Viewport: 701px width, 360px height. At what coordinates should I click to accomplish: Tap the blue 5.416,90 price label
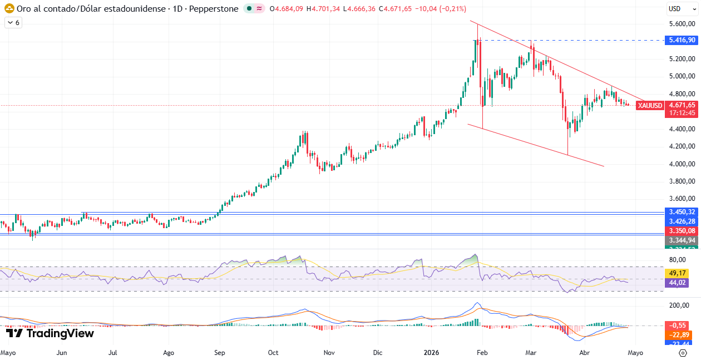(682, 40)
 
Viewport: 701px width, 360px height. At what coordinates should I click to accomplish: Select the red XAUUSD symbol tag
(650, 105)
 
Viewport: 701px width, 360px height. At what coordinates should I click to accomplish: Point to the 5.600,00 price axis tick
(682, 24)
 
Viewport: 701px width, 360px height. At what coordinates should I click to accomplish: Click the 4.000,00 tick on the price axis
(682, 164)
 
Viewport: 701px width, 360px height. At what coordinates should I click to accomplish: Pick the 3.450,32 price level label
(682, 212)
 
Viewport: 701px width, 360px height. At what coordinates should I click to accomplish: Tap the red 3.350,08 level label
(682, 231)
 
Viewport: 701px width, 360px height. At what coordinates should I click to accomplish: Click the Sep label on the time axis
(219, 352)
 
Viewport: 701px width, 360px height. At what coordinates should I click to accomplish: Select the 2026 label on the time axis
(431, 352)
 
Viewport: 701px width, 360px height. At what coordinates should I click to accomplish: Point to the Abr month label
(585, 352)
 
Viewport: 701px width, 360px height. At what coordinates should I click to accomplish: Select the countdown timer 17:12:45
(682, 112)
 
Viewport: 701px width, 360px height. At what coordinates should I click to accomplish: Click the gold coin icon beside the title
(9, 9)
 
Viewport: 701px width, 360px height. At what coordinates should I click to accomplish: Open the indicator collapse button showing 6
(13, 23)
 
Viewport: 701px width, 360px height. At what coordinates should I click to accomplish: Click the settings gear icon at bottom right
(683, 353)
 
